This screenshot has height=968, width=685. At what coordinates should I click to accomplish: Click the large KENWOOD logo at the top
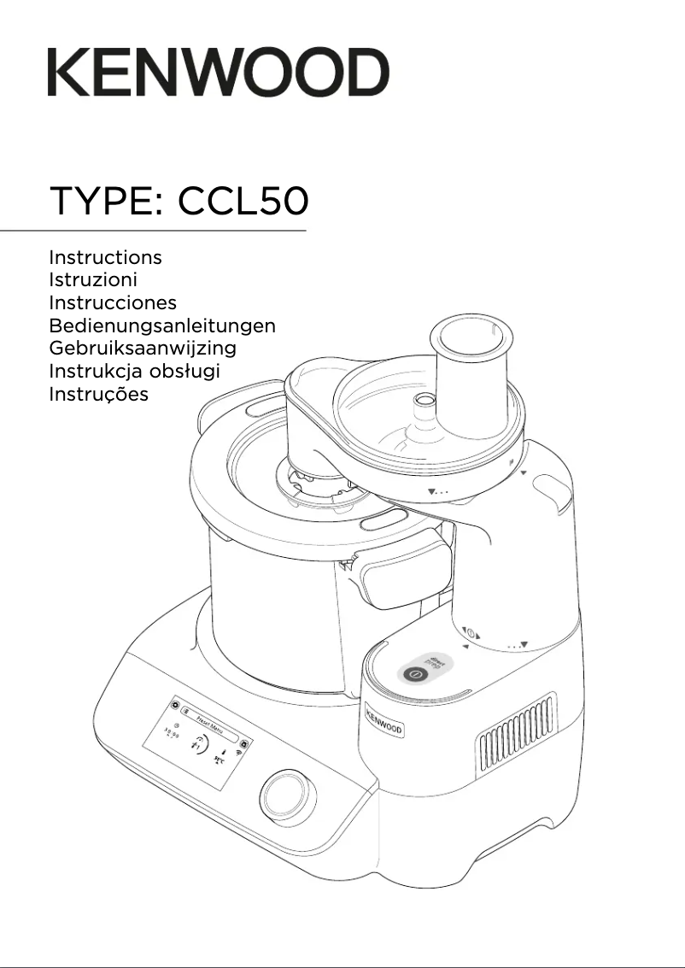tap(218, 72)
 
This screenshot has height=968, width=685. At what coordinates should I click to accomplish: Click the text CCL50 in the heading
tap(243, 202)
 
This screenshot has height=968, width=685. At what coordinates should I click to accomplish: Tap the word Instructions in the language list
tap(105, 257)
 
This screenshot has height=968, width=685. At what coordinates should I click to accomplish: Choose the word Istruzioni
tap(93, 279)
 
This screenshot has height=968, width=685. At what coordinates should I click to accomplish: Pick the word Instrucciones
tap(113, 302)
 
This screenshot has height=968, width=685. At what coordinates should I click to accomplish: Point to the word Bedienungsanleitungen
tap(162, 326)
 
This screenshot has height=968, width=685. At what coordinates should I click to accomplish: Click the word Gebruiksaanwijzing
tap(143, 349)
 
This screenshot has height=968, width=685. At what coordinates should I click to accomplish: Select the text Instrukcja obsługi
tap(134, 372)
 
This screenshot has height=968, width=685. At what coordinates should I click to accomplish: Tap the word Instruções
tap(98, 395)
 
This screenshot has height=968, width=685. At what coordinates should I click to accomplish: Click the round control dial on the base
tap(283, 796)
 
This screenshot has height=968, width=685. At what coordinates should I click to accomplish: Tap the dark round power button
tap(414, 673)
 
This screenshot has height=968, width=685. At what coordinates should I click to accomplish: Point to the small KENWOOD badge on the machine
tap(384, 719)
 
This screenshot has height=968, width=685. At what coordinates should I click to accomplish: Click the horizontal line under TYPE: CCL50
tap(153, 231)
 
